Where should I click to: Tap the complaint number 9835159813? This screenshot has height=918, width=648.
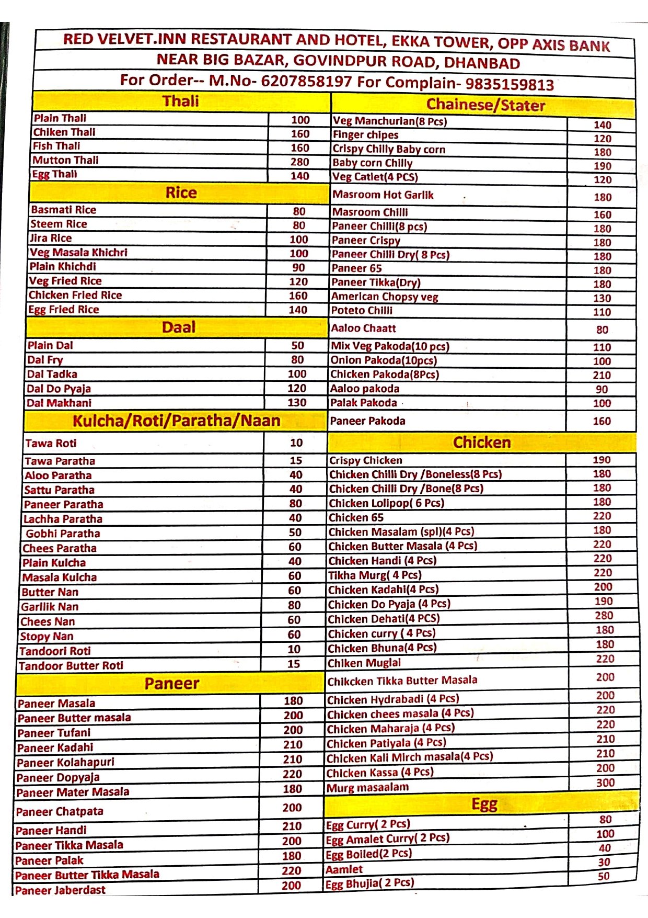click(510, 84)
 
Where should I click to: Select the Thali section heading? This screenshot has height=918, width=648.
click(181, 101)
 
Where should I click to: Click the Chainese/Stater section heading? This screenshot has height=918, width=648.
click(485, 105)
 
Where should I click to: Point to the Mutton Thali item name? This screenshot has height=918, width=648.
click(65, 160)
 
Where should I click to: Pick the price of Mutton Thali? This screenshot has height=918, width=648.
click(300, 162)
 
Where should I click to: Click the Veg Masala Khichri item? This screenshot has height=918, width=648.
click(78, 252)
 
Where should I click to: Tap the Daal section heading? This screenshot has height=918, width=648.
click(178, 327)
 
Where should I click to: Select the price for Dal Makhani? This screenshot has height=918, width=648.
click(297, 403)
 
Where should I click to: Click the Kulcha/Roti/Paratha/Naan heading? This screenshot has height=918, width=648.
click(176, 421)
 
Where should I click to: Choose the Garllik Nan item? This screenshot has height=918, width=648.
click(50, 607)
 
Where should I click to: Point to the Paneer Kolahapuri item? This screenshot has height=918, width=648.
click(65, 762)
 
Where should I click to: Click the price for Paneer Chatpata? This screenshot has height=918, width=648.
click(292, 808)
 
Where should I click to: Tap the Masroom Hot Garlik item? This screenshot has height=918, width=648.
click(383, 195)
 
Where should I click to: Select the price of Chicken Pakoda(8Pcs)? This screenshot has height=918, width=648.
click(601, 376)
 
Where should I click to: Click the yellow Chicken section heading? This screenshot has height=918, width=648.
click(482, 443)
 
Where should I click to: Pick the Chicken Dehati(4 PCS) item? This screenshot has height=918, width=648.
click(384, 619)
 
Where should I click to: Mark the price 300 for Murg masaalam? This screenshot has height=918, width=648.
click(605, 783)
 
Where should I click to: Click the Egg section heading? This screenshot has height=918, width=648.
click(484, 804)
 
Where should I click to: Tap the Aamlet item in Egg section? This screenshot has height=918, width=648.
click(344, 869)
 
